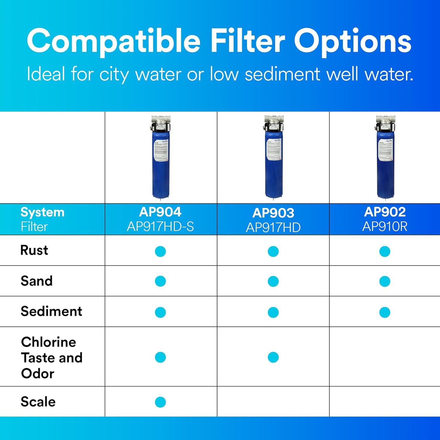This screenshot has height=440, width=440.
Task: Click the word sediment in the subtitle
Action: click(x=282, y=74)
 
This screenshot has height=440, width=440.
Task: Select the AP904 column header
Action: click(x=160, y=212)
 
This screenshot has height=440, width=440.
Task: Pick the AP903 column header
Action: click(x=273, y=213)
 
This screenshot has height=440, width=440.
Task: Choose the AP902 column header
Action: click(x=385, y=212)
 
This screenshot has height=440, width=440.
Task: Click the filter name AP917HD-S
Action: click(x=160, y=226)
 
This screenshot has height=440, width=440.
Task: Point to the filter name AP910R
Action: click(x=385, y=226)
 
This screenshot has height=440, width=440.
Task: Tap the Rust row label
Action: click(x=34, y=250)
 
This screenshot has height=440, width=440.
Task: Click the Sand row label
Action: click(x=37, y=281)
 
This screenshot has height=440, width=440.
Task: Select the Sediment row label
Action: click(x=51, y=311)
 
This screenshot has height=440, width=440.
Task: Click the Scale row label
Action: click(x=38, y=402)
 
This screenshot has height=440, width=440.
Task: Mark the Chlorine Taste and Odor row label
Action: click(x=52, y=358)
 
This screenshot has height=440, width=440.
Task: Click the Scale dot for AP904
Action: click(x=160, y=402)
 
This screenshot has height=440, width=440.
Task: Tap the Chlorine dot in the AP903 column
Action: click(x=273, y=357)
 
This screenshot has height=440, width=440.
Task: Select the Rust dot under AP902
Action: click(x=385, y=251)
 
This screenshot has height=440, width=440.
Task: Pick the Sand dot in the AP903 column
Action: click(x=273, y=281)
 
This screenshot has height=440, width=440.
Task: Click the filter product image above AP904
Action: click(x=160, y=158)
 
